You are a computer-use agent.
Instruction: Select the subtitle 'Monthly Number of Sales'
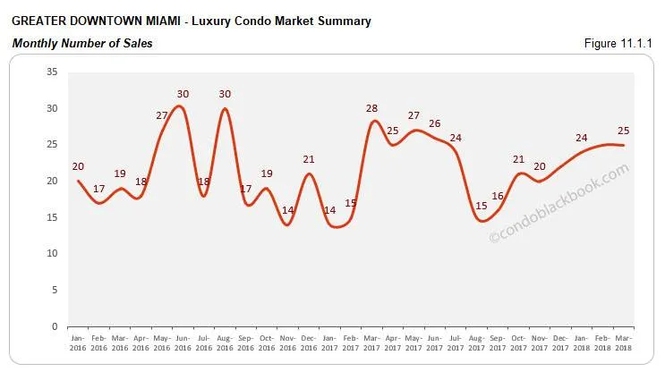[x=81, y=44]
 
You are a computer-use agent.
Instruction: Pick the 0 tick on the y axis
[x=54, y=326]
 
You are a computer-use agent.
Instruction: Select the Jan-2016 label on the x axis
[x=78, y=342]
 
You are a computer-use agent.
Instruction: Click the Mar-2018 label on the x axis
[x=624, y=342]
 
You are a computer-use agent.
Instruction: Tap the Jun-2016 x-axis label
[x=183, y=342]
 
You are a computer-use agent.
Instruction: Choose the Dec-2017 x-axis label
[x=561, y=342]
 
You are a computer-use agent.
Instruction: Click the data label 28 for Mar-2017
[x=371, y=108]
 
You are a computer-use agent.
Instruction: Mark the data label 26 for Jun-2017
[x=434, y=123]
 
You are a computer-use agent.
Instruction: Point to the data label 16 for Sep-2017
[x=498, y=196]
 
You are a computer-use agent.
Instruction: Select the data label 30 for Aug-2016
[x=225, y=94]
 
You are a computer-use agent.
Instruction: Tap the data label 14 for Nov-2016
[x=287, y=210]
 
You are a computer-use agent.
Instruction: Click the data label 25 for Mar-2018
[x=623, y=131]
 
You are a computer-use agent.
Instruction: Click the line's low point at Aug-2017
[x=481, y=220]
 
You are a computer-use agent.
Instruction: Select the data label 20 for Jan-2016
[x=78, y=166]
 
